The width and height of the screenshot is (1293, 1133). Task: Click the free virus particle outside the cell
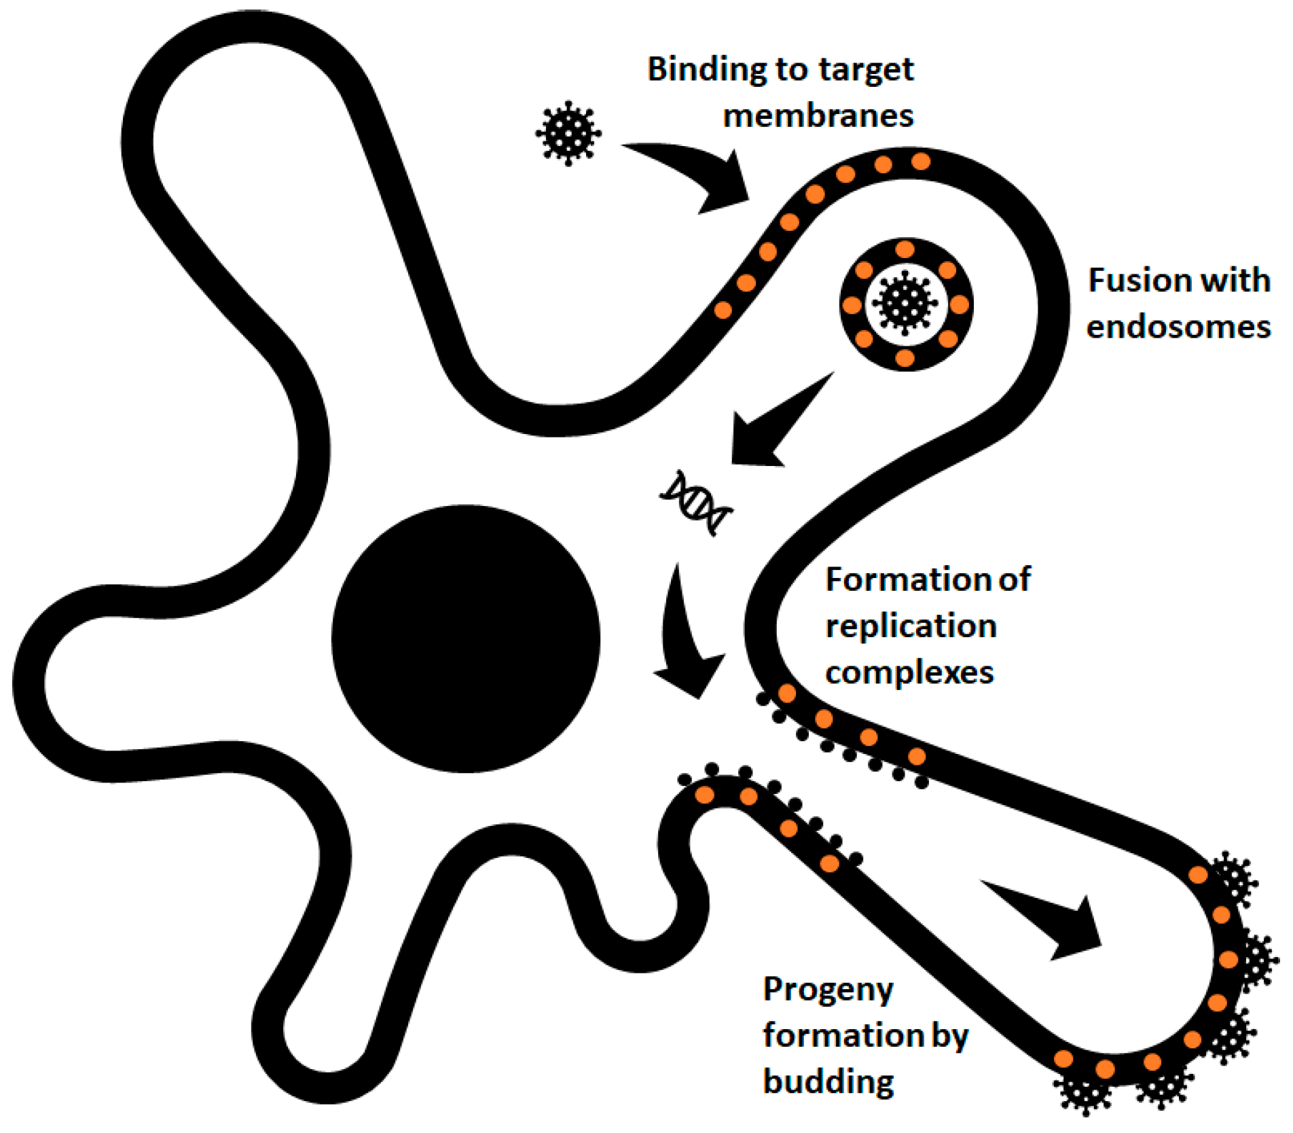(568, 133)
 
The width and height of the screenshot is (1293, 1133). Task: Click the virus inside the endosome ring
(905, 303)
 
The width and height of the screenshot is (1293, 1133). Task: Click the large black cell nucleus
(466, 639)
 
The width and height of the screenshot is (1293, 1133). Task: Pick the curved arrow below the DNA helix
(686, 639)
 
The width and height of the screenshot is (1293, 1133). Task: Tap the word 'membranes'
(818, 115)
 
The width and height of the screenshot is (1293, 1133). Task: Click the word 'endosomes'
(1178, 327)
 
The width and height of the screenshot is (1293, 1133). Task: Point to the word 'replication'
(911, 626)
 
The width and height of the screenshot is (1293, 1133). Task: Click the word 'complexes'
(909, 672)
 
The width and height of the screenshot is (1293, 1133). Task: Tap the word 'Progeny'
(828, 990)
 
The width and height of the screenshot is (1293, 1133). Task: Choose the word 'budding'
(828, 1081)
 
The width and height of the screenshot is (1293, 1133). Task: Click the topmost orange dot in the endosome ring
(905, 250)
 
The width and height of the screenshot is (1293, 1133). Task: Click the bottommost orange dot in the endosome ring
(905, 357)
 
